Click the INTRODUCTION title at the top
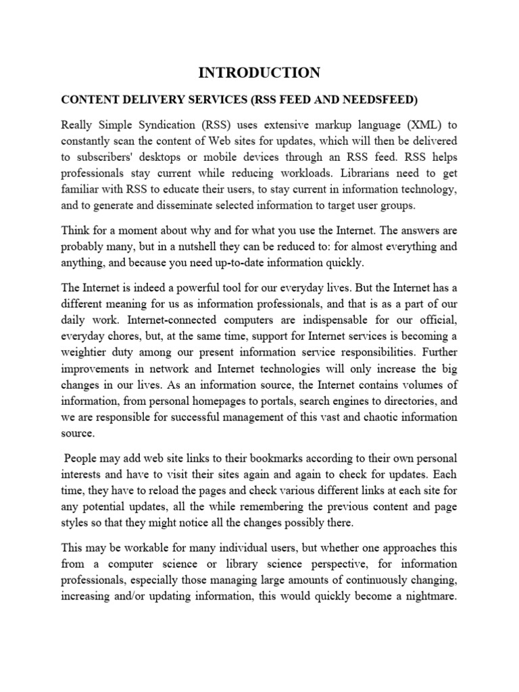coord(259,73)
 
